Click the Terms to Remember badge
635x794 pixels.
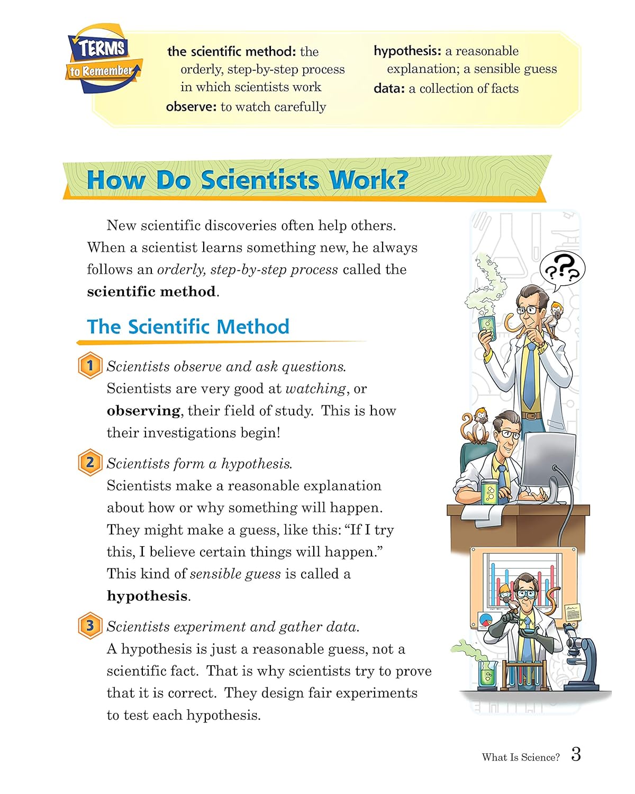coord(104,60)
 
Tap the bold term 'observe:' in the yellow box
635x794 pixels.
coord(191,107)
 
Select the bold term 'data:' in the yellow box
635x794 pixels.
coord(389,89)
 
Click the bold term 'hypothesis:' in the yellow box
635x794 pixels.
coord(407,51)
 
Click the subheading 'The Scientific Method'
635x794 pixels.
coord(188,327)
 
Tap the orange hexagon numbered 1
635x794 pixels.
coord(90,366)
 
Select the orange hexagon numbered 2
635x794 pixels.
coord(90,463)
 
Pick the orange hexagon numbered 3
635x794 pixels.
coord(90,626)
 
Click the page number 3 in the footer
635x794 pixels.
coord(576,754)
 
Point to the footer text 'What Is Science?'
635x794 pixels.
coord(520,757)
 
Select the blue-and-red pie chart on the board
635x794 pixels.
coord(485,619)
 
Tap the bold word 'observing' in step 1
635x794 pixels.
coord(143,411)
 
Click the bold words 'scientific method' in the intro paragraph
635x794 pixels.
coord(151,292)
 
